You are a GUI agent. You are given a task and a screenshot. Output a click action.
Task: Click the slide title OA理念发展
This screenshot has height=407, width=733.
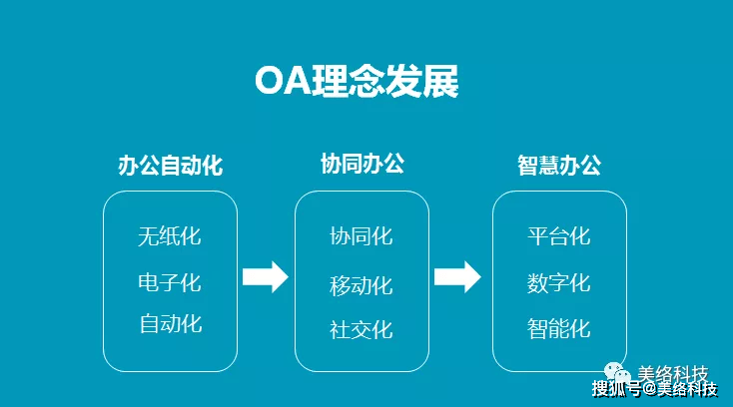pyautogui.click(x=357, y=81)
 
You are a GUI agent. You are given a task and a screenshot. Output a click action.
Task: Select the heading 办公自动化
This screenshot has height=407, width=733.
pyautogui.click(x=170, y=166)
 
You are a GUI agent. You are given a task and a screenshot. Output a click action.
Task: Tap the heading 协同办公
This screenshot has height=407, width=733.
pyautogui.click(x=363, y=164)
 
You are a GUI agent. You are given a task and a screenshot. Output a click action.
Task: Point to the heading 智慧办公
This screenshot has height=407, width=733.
pyautogui.click(x=559, y=166)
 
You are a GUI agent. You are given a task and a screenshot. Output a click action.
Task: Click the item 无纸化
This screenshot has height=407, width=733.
pyautogui.click(x=170, y=236)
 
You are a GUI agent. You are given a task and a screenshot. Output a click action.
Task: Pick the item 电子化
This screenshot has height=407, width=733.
pyautogui.click(x=170, y=283)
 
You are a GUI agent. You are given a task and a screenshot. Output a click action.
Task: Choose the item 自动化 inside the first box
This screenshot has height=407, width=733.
pyautogui.click(x=171, y=324)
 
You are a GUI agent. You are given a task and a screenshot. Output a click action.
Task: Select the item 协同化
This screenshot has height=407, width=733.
pyautogui.click(x=362, y=236)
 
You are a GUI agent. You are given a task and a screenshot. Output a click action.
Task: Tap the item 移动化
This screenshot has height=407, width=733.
pyautogui.click(x=362, y=285)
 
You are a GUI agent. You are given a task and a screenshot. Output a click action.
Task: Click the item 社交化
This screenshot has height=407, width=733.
pyautogui.click(x=362, y=329)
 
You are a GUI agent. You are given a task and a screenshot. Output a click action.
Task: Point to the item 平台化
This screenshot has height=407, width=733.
pyautogui.click(x=559, y=236)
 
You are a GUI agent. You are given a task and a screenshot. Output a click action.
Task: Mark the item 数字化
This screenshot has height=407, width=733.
pyautogui.click(x=559, y=283)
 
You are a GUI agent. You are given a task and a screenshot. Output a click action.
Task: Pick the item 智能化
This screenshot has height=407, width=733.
pyautogui.click(x=559, y=328)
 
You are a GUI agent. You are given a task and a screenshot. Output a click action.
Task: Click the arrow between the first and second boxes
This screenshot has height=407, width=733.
pyautogui.click(x=266, y=277)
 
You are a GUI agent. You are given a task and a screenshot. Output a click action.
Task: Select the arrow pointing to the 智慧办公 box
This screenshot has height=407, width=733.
pyautogui.click(x=457, y=277)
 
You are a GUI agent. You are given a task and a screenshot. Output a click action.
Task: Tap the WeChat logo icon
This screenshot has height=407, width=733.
pyautogui.click(x=618, y=372)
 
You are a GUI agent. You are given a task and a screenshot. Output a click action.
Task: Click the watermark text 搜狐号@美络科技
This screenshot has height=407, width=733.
pyautogui.click(x=654, y=389)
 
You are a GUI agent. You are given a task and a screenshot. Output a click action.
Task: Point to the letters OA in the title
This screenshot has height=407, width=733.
pyautogui.click(x=284, y=81)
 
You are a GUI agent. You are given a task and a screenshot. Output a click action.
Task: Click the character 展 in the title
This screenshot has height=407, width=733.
pyautogui.click(x=440, y=81)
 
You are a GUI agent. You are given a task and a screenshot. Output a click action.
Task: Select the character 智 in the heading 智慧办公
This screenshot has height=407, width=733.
pyautogui.click(x=527, y=166)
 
